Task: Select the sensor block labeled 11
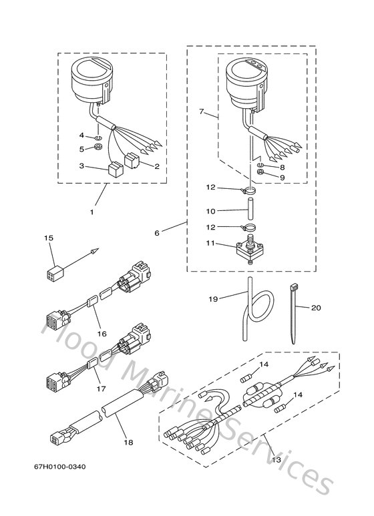click(249, 251)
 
